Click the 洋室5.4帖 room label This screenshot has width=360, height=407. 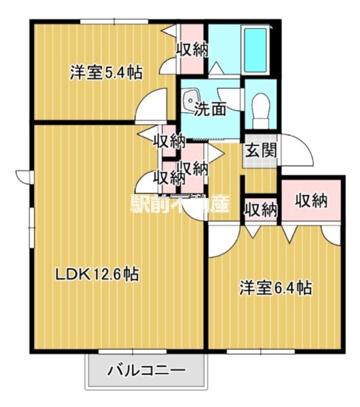(x=106, y=73)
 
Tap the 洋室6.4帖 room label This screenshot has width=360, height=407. (x=275, y=288)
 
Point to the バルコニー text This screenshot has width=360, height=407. (x=145, y=371)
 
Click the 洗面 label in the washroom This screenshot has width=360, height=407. (x=209, y=109)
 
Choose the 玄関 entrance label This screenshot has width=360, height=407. (x=260, y=151)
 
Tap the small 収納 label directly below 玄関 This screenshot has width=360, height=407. (x=260, y=209)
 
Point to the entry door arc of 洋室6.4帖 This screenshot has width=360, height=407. (x=224, y=243)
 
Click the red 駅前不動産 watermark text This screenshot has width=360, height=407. (x=180, y=203)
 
